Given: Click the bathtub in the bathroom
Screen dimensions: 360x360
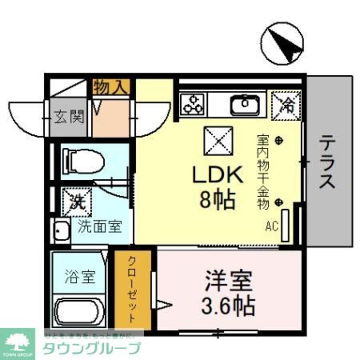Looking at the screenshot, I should pos(80,312).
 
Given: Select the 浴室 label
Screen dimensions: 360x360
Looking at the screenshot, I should pos(80,277).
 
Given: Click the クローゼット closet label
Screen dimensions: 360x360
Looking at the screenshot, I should pos(132,290).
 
